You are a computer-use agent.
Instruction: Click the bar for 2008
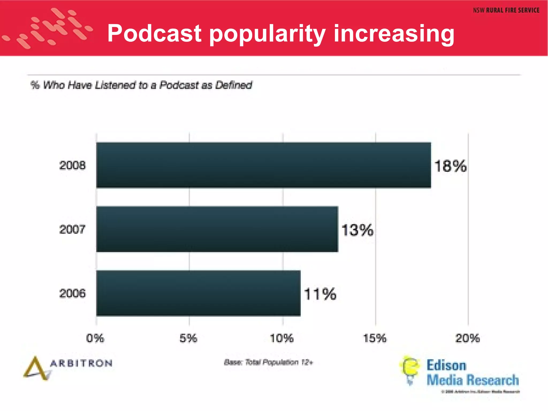point(264,165)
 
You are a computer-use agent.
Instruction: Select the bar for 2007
point(217,229)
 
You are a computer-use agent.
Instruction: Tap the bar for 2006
point(198,293)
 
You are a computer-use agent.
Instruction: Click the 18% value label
point(451,166)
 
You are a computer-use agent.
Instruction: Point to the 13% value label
point(357,230)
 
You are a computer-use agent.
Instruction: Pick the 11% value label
point(320,294)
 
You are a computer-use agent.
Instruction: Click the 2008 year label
point(72,165)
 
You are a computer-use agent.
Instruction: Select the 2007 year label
point(72,230)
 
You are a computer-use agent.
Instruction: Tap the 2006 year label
point(72,294)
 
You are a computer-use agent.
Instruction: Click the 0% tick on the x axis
point(95,338)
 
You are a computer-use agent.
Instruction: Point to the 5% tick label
point(188,338)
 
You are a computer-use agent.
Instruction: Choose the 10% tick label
point(282,338)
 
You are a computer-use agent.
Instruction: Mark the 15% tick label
point(375,338)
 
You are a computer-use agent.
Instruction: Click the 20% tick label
point(467,338)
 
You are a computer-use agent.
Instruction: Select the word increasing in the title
point(394,34)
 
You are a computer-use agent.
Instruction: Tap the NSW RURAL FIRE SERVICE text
point(506,10)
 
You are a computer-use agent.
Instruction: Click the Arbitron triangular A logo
point(36,369)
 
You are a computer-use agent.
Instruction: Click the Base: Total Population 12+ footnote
point(268,362)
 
